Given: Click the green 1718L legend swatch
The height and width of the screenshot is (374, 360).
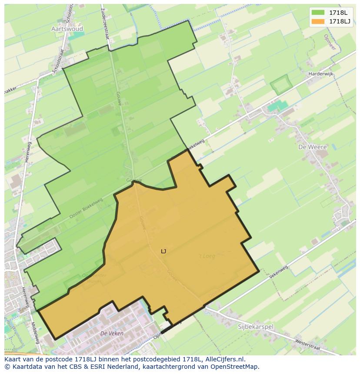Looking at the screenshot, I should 318,13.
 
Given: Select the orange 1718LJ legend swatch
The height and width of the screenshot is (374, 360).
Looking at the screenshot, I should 318,21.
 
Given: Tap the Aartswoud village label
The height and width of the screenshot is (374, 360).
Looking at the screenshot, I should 67,29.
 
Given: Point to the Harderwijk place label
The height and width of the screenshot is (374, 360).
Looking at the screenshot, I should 320,74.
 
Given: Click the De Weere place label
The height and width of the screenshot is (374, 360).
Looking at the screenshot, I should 312,147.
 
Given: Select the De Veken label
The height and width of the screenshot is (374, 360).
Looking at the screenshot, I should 112,333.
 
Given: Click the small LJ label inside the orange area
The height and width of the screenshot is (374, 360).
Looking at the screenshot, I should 163,251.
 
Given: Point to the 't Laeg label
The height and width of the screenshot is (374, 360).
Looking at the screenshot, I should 207,256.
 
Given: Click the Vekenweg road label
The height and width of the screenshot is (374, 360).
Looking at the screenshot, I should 279,272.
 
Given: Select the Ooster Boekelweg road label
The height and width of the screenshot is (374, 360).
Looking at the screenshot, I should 86,209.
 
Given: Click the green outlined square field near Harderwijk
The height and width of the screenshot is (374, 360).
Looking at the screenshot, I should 280,84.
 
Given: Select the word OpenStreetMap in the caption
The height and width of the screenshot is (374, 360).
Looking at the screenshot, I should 233,367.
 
